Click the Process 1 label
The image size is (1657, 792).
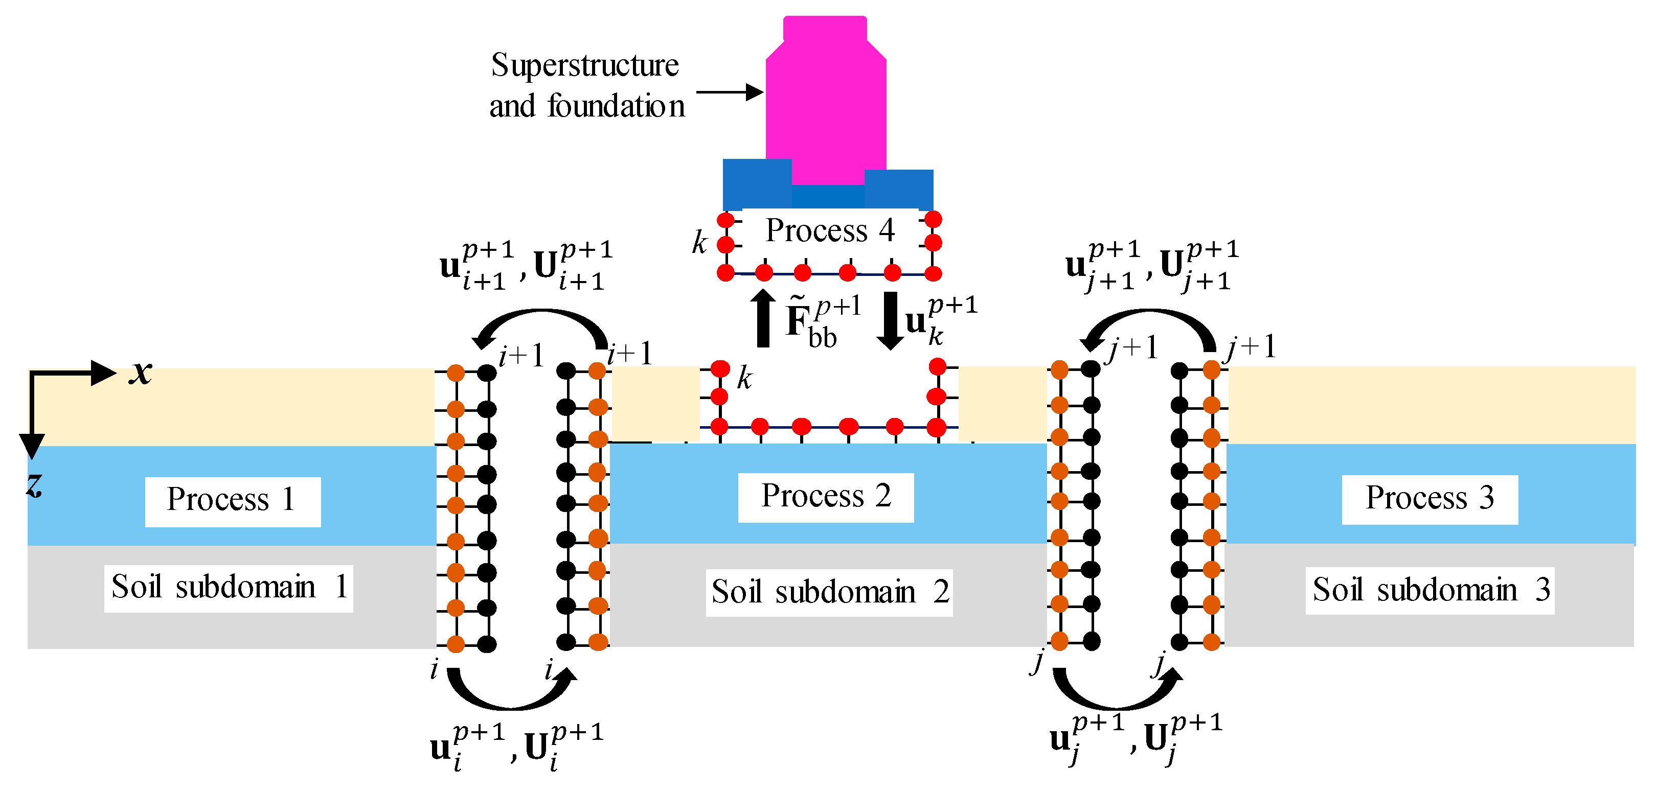click(x=232, y=501)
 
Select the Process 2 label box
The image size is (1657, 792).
click(x=825, y=497)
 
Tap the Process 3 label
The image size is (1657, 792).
click(x=1429, y=499)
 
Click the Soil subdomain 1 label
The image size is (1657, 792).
click(x=229, y=588)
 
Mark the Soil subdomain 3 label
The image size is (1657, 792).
click(x=1429, y=590)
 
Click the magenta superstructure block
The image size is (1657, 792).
click(x=826, y=103)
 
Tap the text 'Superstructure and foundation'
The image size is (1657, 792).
click(x=586, y=85)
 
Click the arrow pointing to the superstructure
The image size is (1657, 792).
click(x=730, y=92)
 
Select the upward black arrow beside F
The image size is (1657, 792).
click(x=763, y=318)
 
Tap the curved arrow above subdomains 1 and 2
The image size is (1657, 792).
click(x=541, y=324)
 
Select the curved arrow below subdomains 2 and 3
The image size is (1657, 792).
click(x=1117, y=691)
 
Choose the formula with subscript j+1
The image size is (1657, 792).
click(x=1151, y=266)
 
